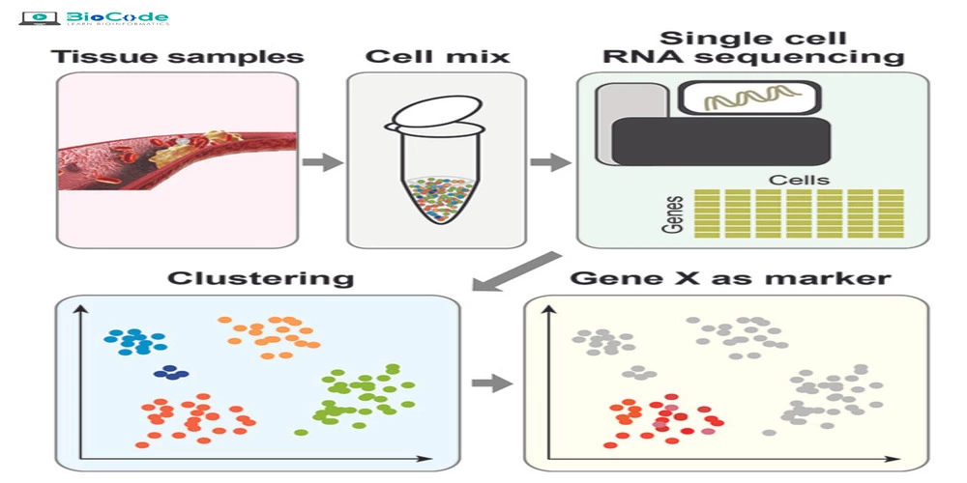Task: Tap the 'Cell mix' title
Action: (437, 55)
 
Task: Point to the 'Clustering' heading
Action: (260, 279)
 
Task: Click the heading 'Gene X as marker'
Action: (730, 279)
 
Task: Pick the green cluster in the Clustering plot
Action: (360, 396)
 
